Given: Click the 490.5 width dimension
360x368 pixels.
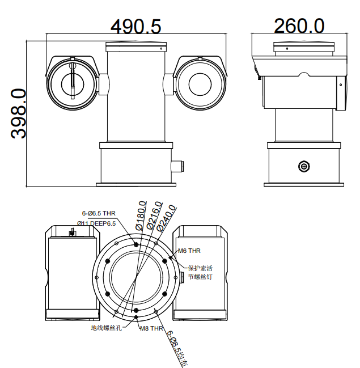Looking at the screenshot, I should pyautogui.click(x=136, y=26).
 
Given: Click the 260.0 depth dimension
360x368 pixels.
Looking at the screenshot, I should pyautogui.click(x=299, y=26).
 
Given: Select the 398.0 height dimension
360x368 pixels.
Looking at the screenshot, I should pyautogui.click(x=19, y=113).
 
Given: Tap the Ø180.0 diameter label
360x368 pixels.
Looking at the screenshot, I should pyautogui.click(x=141, y=215).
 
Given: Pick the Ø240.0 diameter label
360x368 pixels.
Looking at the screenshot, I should pyautogui.click(x=168, y=218).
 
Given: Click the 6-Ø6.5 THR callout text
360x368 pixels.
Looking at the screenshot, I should pyautogui.click(x=98, y=213).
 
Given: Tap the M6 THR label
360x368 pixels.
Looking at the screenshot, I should pyautogui.click(x=189, y=250).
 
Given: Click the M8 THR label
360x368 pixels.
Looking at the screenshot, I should pyautogui.click(x=151, y=328).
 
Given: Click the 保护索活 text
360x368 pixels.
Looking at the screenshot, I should pyautogui.click(x=200, y=268).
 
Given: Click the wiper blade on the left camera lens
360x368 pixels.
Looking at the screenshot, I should pyautogui.click(x=73, y=83).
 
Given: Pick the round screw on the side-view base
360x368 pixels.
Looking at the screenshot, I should pyautogui.click(x=304, y=166).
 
